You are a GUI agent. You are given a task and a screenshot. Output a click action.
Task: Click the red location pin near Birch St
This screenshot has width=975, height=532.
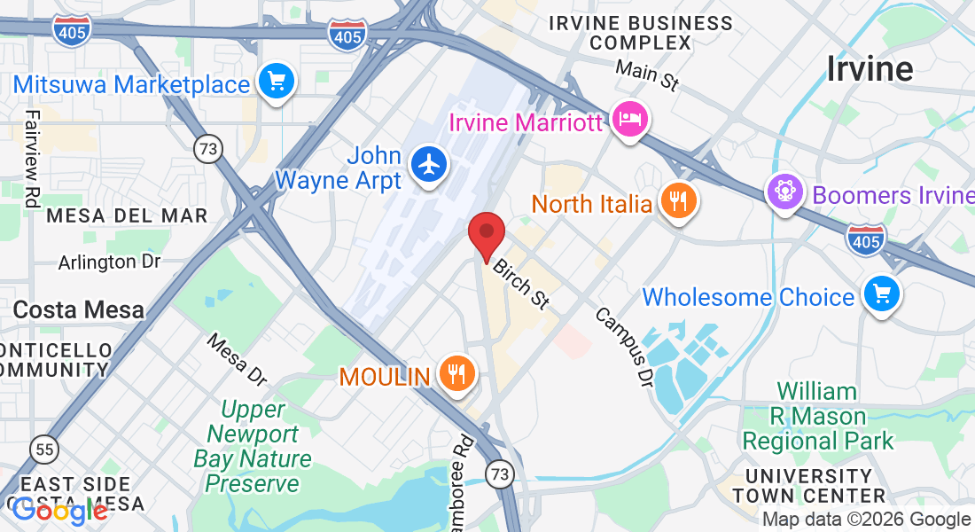[x=486, y=235]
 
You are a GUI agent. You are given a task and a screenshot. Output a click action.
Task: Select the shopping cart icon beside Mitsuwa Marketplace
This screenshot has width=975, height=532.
[x=276, y=83]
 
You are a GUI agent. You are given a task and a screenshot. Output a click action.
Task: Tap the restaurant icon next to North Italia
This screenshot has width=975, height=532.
[x=678, y=202]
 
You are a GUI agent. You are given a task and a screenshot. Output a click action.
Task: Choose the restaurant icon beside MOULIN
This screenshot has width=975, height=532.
[x=456, y=375]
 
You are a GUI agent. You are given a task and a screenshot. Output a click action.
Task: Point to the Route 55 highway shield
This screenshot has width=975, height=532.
[x=43, y=449]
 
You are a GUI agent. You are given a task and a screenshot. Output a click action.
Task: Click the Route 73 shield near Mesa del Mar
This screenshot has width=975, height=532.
[x=208, y=149]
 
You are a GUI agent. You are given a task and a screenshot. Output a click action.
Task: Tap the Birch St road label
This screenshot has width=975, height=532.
[x=521, y=284]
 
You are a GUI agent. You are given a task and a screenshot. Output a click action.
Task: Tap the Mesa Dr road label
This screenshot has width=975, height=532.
[x=237, y=359]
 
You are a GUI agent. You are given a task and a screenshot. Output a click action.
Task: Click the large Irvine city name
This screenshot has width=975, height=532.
[x=870, y=68]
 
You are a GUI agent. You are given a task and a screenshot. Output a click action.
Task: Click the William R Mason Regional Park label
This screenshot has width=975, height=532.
[x=818, y=416]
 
